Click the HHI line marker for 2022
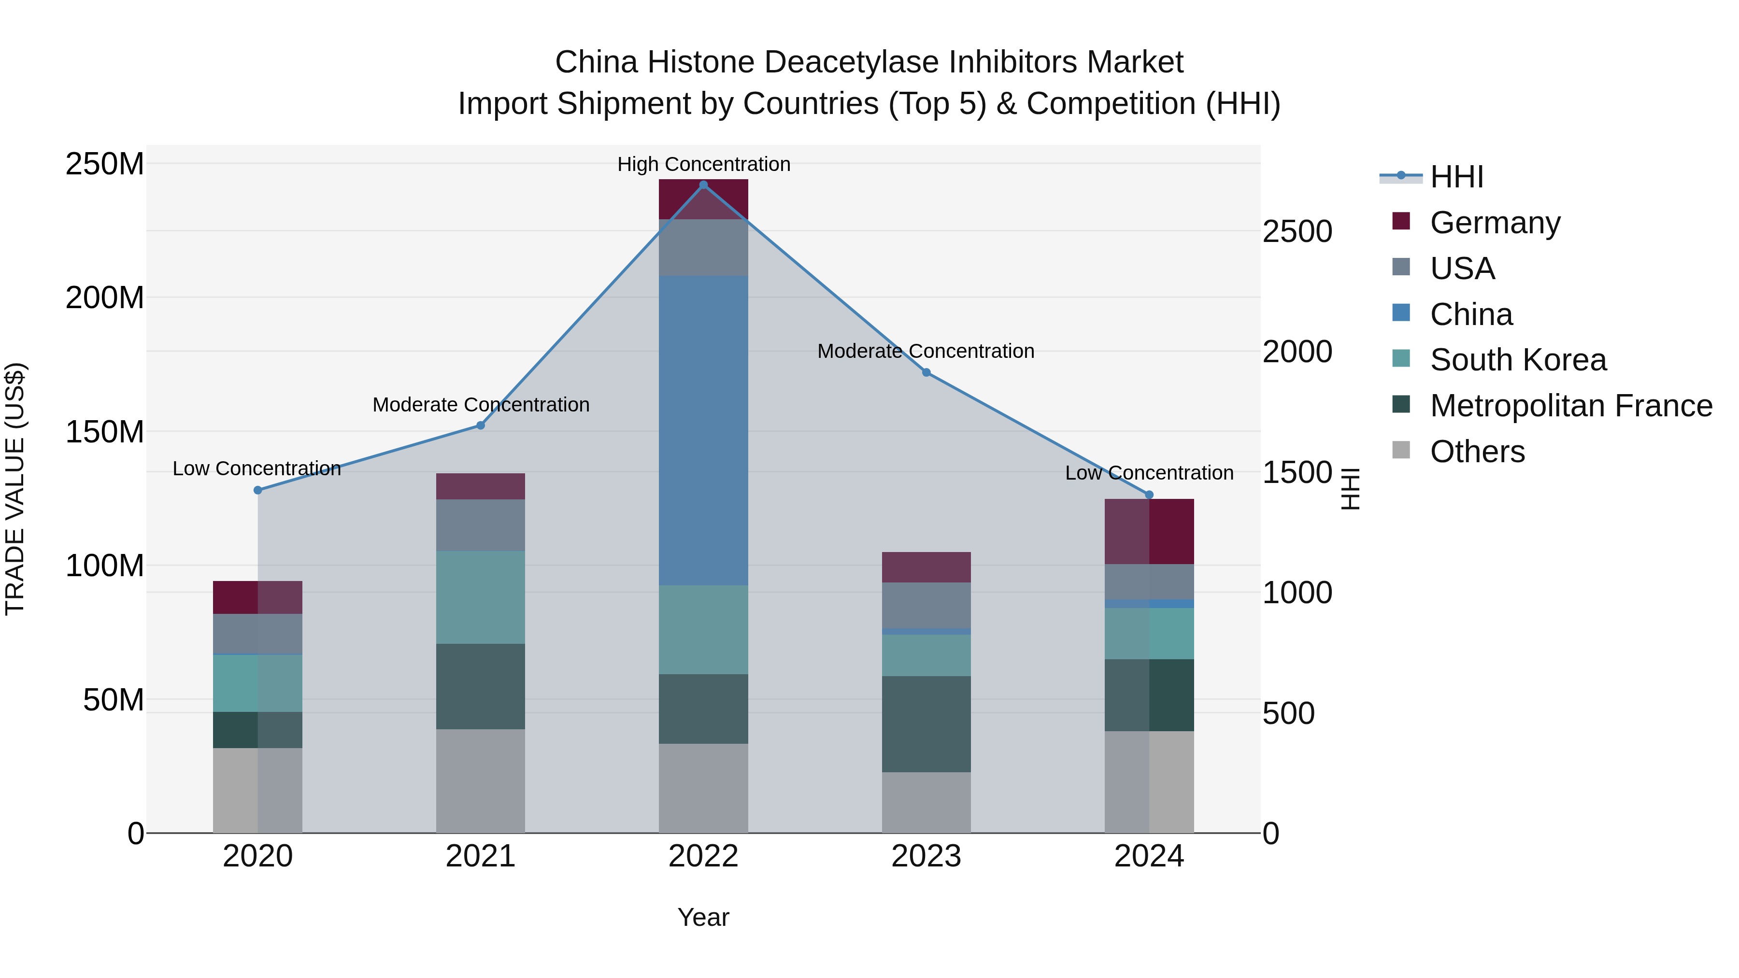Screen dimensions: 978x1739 (x=703, y=185)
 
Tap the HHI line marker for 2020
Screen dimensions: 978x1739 (x=258, y=490)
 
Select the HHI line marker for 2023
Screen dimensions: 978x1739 (x=926, y=372)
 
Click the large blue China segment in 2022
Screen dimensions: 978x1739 (x=703, y=430)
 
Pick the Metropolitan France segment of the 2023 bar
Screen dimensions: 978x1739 (x=926, y=723)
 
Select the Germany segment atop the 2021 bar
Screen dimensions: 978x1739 (x=481, y=486)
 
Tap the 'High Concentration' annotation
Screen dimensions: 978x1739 (x=703, y=164)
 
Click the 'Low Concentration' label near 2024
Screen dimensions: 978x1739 (x=1149, y=472)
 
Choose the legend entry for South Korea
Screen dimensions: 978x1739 (x=1518, y=360)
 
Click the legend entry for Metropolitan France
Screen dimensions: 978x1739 (x=1570, y=406)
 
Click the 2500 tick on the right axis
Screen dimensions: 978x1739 (x=1297, y=231)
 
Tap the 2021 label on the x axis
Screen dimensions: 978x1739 (x=481, y=856)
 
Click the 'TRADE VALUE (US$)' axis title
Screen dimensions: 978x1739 (x=15, y=489)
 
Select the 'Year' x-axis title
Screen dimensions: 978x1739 (x=703, y=917)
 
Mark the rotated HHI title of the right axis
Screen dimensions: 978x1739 (x=1350, y=489)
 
